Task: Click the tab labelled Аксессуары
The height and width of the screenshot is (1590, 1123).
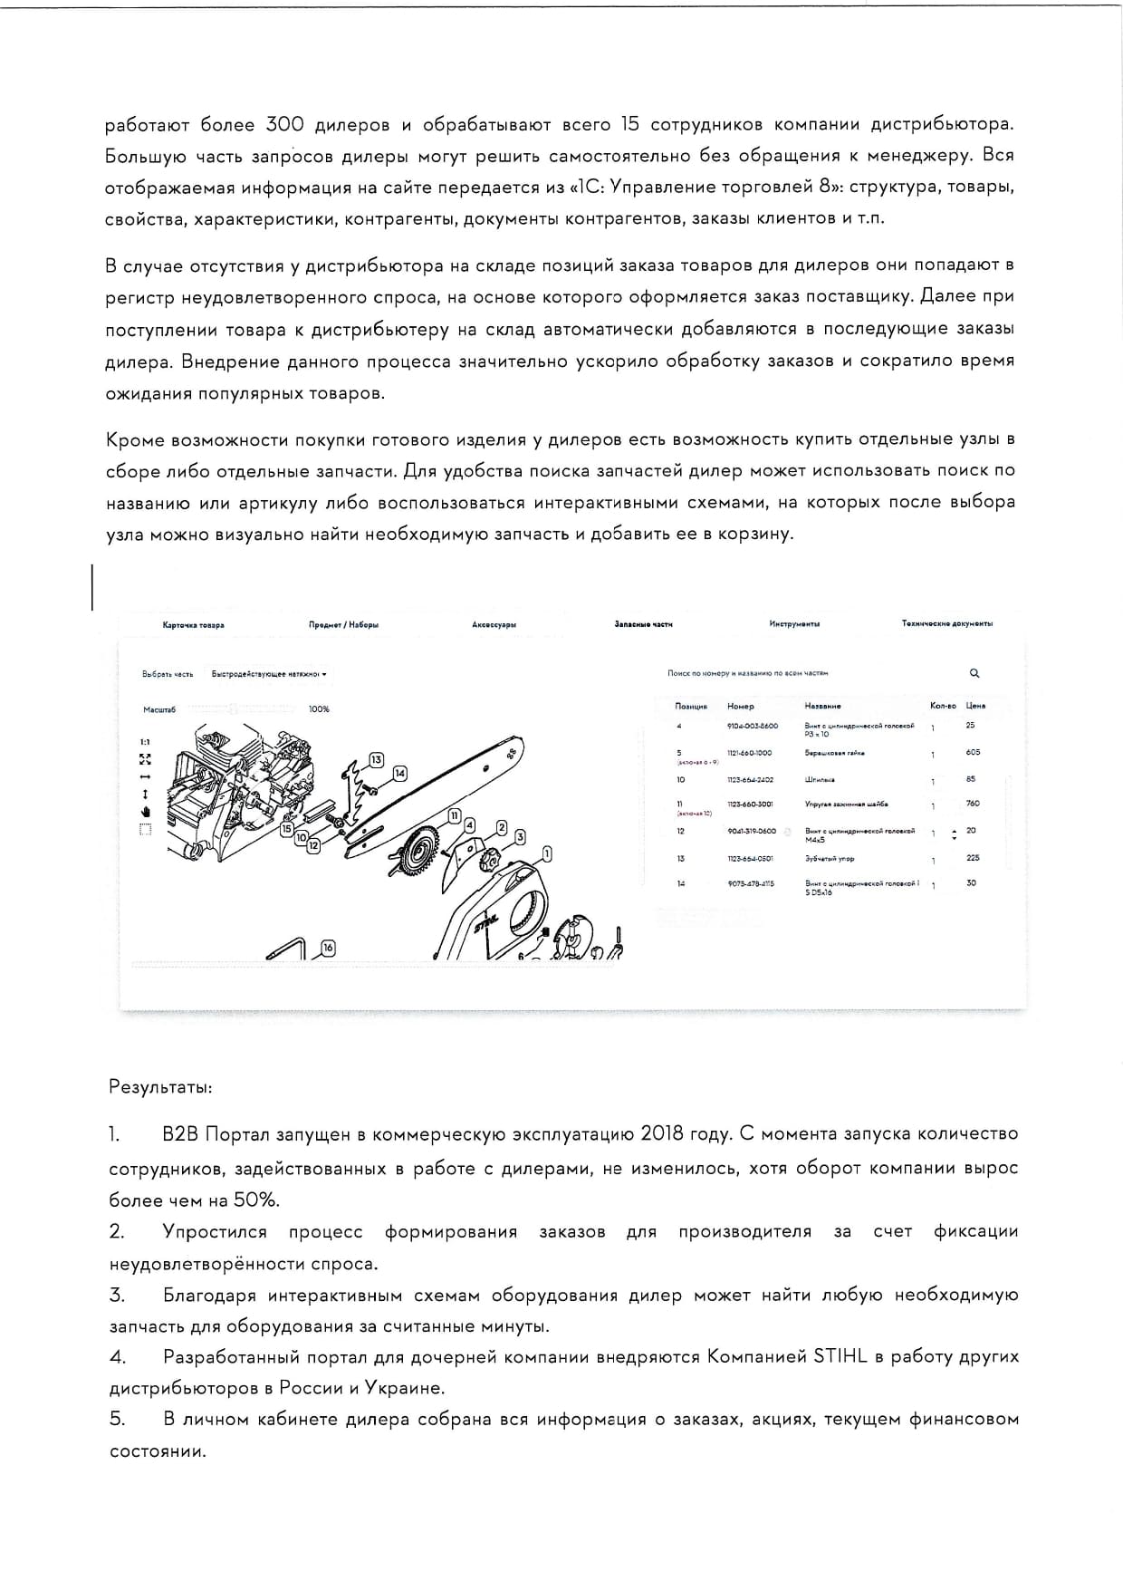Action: tap(494, 624)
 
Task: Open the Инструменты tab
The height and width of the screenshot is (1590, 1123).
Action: tap(794, 623)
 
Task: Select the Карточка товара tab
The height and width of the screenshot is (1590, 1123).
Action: tap(193, 624)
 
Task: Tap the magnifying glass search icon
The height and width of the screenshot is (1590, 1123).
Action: tap(974, 673)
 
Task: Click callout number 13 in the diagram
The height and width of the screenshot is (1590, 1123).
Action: tap(376, 759)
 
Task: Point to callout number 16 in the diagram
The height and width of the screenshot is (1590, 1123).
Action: tap(328, 948)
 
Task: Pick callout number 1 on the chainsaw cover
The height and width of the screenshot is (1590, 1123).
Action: tap(546, 853)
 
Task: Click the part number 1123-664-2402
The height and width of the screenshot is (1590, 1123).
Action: tap(751, 779)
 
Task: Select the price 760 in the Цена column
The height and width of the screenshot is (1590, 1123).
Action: tap(973, 804)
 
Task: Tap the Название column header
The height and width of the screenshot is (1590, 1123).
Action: tap(822, 706)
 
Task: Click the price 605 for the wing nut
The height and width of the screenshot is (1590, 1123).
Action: tap(973, 752)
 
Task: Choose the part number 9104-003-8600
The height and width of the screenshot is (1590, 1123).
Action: tap(752, 726)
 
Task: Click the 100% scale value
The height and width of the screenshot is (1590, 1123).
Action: tap(319, 709)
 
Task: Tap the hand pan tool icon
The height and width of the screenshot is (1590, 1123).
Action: tap(145, 811)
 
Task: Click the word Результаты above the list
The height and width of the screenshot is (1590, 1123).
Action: tap(161, 1086)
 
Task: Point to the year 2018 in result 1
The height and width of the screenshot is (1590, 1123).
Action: tap(661, 1133)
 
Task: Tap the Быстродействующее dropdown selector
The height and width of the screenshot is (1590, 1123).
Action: tap(268, 674)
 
